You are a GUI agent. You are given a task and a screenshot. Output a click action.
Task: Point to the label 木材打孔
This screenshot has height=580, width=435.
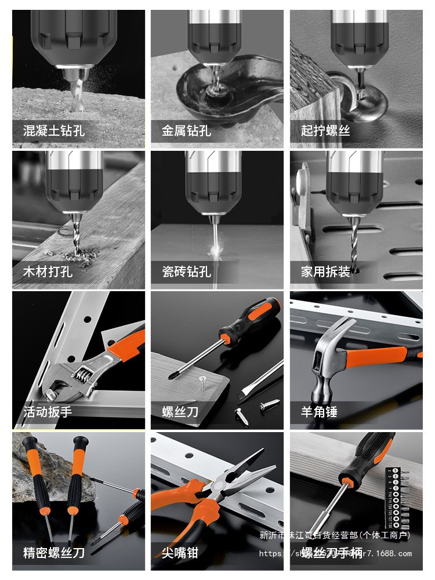48,271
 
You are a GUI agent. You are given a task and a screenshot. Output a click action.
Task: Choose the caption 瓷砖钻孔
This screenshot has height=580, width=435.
186,271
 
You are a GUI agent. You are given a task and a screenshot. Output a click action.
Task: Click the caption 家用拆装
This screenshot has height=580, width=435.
325,271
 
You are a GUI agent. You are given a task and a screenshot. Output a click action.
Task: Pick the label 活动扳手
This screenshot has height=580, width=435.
48,412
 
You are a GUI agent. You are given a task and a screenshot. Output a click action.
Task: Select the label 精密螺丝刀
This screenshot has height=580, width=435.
53,553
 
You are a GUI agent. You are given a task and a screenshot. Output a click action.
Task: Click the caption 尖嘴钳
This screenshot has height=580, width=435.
180,553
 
